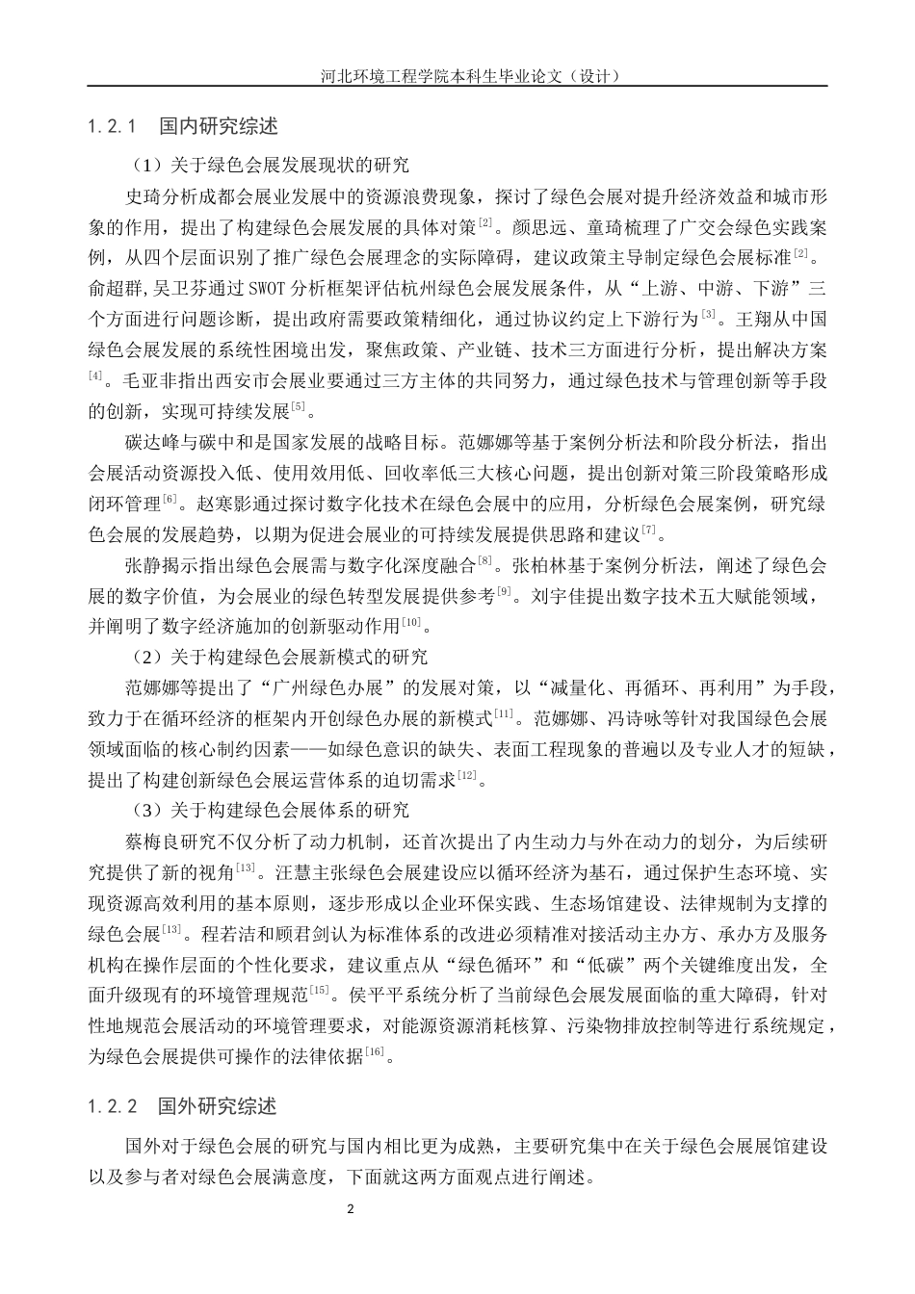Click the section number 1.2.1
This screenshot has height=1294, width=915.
click(x=115, y=126)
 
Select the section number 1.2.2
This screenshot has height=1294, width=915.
click(x=115, y=1104)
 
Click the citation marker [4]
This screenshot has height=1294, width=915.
click(x=95, y=375)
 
